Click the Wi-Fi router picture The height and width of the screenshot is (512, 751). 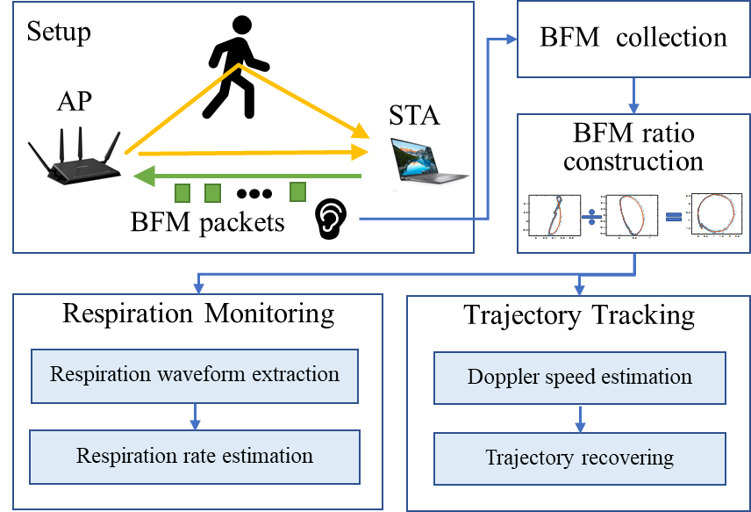pyautogui.click(x=75, y=155)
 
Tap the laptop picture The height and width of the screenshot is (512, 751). pyautogui.click(x=429, y=162)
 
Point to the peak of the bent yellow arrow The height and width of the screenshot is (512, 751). pyautogui.click(x=239, y=65)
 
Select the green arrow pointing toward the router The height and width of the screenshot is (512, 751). pyautogui.click(x=246, y=177)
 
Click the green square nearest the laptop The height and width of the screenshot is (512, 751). pyautogui.click(x=298, y=191)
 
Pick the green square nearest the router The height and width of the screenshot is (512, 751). pyautogui.click(x=182, y=193)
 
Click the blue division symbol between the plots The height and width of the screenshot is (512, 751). pyautogui.click(x=592, y=215)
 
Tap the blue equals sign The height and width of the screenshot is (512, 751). pyautogui.click(x=673, y=214)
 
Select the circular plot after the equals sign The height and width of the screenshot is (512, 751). pyautogui.click(x=717, y=213)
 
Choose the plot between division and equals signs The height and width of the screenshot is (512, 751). pyautogui.click(x=633, y=215)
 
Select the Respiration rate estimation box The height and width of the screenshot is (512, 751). pyautogui.click(x=195, y=457)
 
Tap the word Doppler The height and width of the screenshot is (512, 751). pyautogui.click(x=500, y=378)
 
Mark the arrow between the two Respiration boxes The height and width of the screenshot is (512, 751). pyautogui.click(x=195, y=415)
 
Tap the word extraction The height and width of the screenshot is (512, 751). pyautogui.click(x=296, y=374)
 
